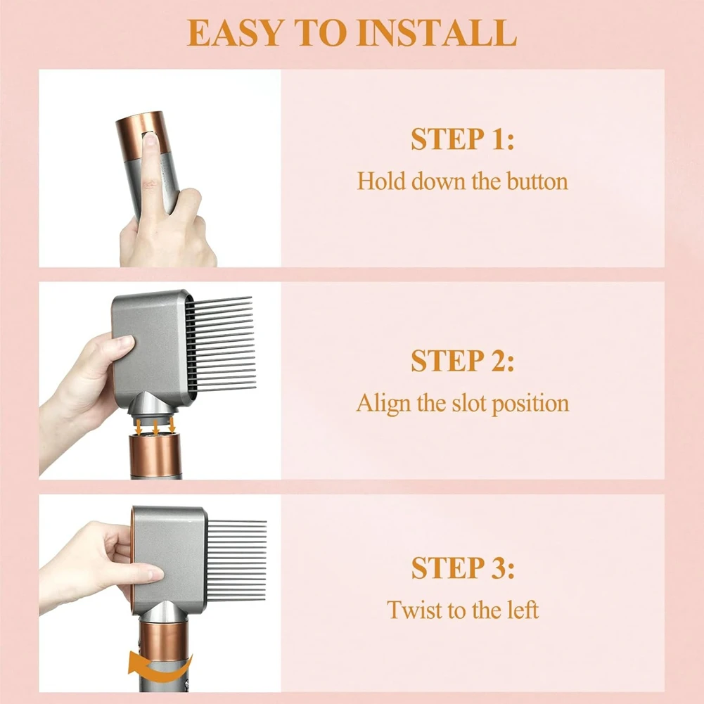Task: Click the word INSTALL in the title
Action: (x=437, y=33)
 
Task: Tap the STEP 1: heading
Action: (x=462, y=139)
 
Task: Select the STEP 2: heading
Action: (x=462, y=361)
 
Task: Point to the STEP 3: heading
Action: (x=462, y=568)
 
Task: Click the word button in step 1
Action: (x=534, y=181)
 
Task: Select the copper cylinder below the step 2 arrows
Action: (x=155, y=457)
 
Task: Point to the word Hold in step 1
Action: (x=380, y=181)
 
